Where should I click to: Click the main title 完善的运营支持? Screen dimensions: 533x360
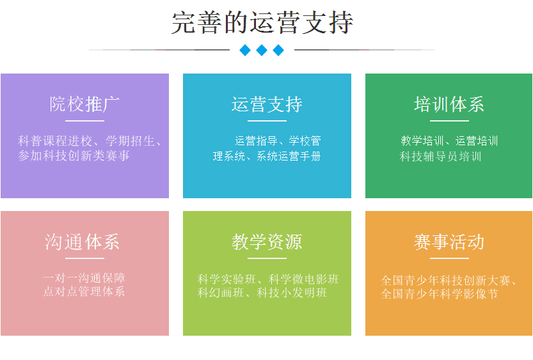(x=262, y=23)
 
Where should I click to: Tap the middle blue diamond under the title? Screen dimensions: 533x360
(x=262, y=51)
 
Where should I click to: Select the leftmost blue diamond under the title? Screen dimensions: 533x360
(x=245, y=51)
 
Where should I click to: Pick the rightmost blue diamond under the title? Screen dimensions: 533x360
(x=278, y=51)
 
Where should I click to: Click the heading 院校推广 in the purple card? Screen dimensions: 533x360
(x=84, y=104)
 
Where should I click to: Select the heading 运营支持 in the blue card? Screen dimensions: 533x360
(x=267, y=104)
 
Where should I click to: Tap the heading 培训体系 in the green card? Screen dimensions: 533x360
(x=449, y=104)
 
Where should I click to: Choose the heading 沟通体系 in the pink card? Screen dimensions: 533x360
(x=82, y=242)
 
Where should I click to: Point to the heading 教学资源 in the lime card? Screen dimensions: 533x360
(x=267, y=242)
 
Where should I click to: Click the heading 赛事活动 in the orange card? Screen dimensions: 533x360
(x=449, y=242)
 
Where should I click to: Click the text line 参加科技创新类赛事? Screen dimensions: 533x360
(x=74, y=156)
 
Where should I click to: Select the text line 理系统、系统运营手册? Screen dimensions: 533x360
(x=267, y=156)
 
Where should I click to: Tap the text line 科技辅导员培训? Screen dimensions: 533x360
(x=440, y=156)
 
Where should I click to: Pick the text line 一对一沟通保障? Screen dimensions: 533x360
(x=84, y=278)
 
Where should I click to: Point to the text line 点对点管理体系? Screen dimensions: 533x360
(x=84, y=292)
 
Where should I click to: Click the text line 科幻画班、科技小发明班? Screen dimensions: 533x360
(x=262, y=293)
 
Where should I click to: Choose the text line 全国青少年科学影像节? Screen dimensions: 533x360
(x=440, y=293)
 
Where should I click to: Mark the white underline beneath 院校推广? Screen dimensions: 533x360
(x=84, y=121)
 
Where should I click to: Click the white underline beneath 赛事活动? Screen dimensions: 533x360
(x=449, y=258)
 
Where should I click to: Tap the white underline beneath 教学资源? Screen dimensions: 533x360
(x=267, y=258)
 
